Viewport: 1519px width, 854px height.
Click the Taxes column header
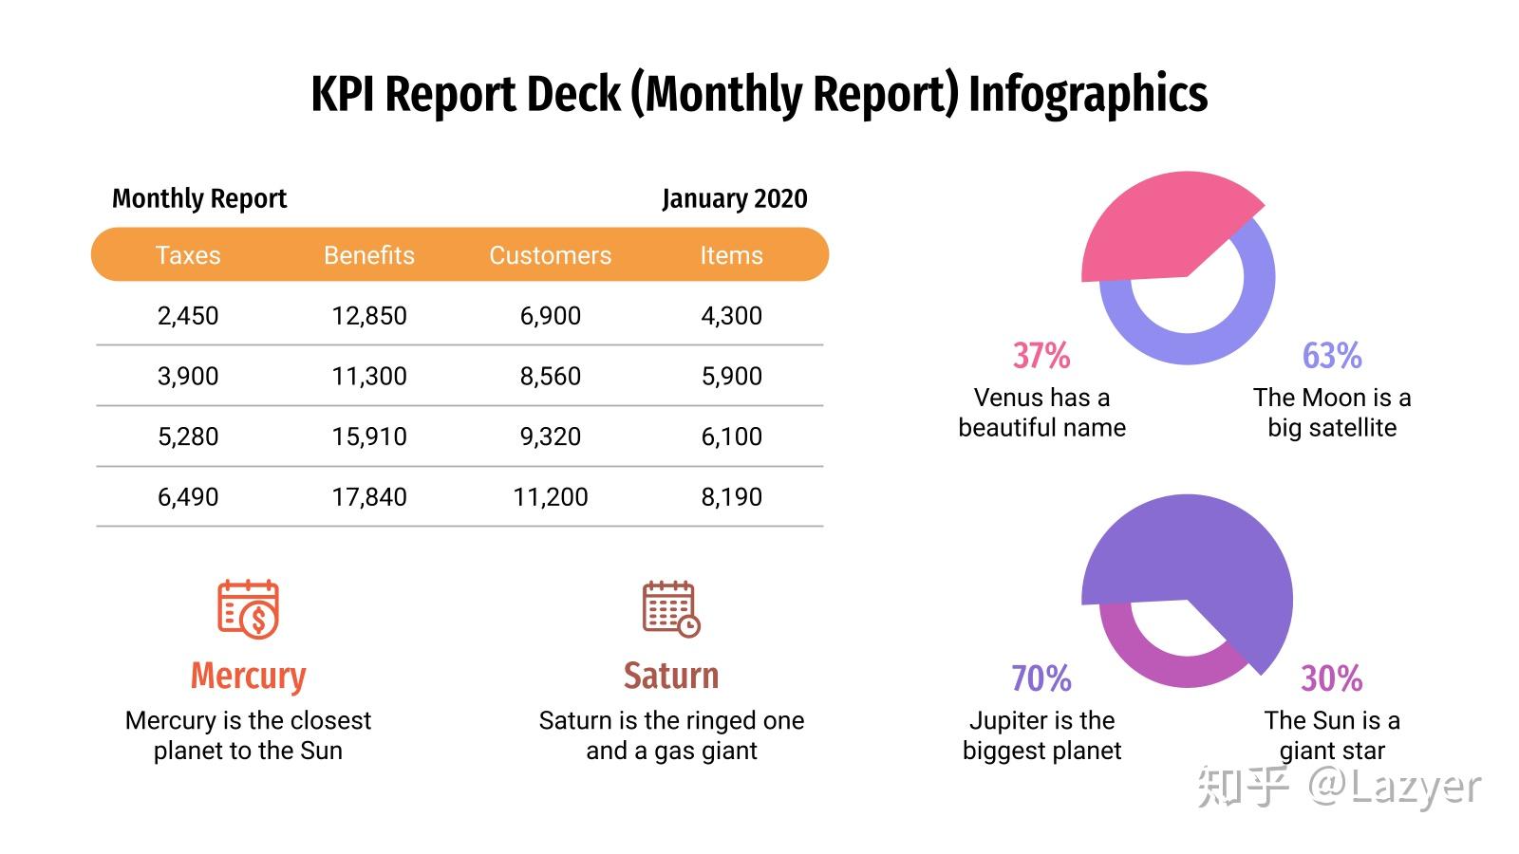click(188, 255)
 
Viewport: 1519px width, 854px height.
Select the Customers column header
click(550, 255)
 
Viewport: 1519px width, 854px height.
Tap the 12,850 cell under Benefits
click(369, 316)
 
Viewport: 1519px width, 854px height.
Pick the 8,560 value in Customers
click(550, 376)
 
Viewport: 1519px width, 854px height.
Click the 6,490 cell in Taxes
click(188, 497)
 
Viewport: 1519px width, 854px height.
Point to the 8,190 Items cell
click(731, 497)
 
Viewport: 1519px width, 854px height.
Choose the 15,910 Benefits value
click(369, 436)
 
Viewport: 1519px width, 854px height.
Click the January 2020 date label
click(735, 198)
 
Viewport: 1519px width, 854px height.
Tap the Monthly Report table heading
click(199, 198)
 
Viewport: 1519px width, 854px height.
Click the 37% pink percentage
click(1041, 355)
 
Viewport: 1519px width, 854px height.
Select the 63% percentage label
click(1332, 355)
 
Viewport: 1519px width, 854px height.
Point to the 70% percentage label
click(1041, 678)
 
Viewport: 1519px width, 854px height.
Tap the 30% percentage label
click(1332, 678)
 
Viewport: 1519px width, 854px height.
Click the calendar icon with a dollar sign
click(248, 609)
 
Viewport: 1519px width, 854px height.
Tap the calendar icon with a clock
click(671, 609)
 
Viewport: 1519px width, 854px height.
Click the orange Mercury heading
click(248, 676)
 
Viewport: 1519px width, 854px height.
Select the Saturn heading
click(671, 676)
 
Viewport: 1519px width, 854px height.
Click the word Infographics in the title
click(1088, 94)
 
